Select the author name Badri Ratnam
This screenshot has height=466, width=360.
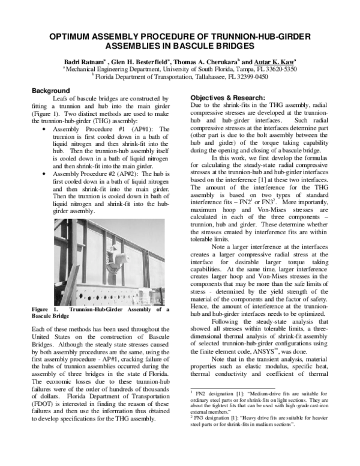pyautogui.click(x=84, y=62)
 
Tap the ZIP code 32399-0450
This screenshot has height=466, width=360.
pyautogui.click(x=251, y=77)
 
